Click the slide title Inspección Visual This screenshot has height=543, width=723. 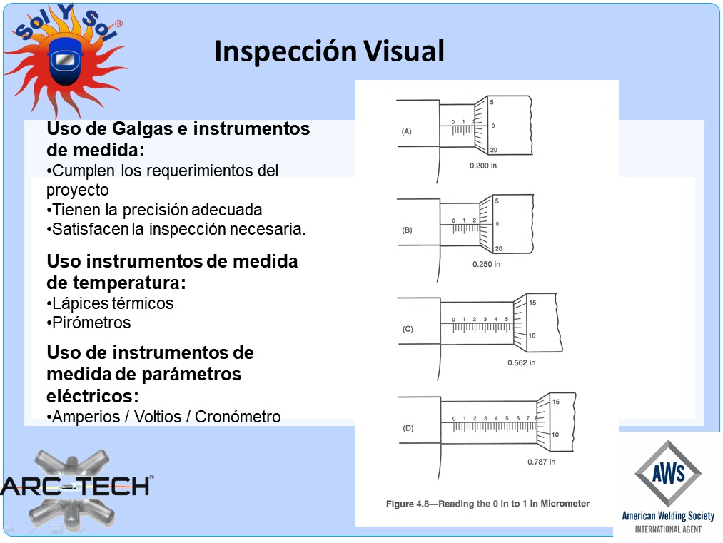click(329, 51)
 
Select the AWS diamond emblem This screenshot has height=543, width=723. click(668, 473)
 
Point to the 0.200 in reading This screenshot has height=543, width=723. click(483, 166)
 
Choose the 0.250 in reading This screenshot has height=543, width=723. click(486, 264)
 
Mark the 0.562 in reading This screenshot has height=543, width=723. click(522, 362)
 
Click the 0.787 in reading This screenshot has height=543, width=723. click(541, 462)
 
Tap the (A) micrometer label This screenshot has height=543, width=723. click(406, 131)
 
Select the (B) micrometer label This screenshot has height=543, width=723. click(407, 230)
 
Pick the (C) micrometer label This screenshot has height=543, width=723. click(408, 329)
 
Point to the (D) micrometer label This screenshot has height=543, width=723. click(408, 428)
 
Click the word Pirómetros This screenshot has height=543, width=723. click(91, 323)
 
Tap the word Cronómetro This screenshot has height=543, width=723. click(238, 417)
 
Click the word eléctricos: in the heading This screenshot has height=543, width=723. click(93, 395)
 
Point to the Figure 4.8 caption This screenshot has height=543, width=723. click(488, 504)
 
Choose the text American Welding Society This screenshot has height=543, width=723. click(668, 516)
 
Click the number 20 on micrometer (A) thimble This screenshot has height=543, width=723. click(493, 150)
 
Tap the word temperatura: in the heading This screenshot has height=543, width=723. click(116, 283)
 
